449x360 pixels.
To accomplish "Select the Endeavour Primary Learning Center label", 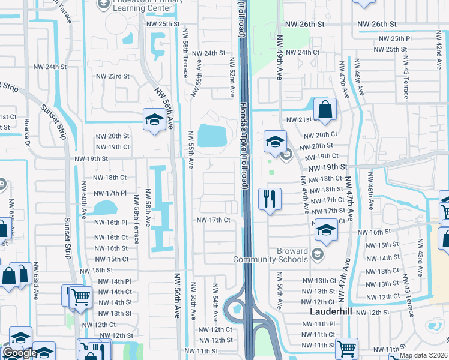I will point(139,5).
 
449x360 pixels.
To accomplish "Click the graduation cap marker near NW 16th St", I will point(325,230).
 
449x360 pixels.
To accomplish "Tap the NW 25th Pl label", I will point(392,38).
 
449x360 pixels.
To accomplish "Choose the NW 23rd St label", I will point(113,76).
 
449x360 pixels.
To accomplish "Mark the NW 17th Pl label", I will point(110,193).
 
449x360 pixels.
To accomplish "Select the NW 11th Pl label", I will point(318,324).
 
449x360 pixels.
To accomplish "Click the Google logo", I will point(19,353).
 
